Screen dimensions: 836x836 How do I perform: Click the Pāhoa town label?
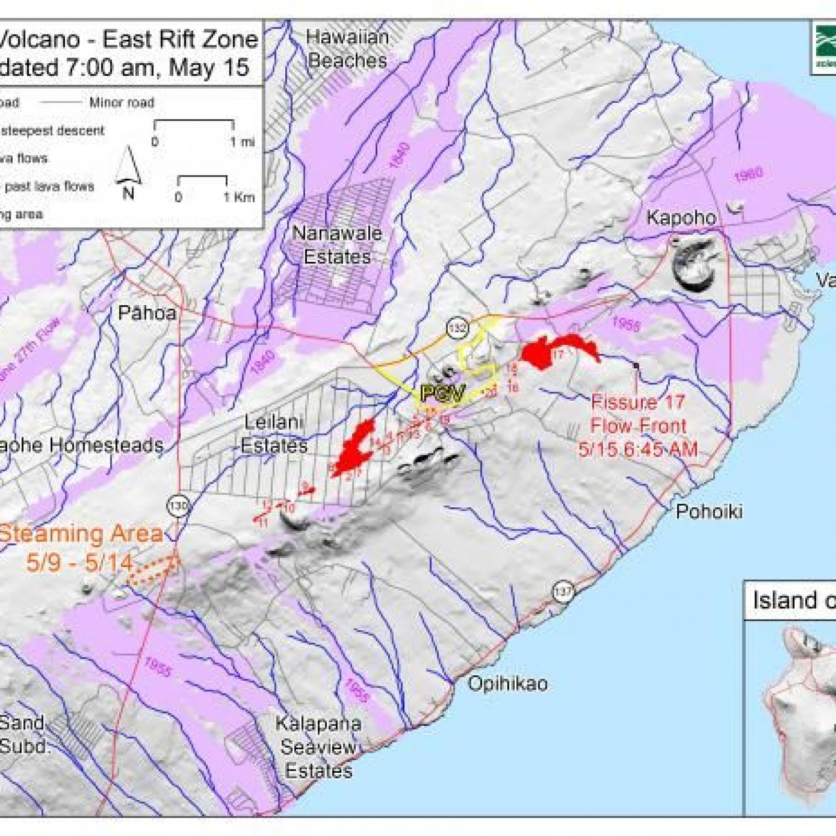click(x=147, y=313)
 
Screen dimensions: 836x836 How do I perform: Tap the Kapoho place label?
click(x=681, y=217)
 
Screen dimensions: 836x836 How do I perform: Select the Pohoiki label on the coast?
click(x=709, y=511)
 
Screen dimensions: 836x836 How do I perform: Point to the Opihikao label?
click(x=507, y=683)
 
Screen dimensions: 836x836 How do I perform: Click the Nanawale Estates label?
click(x=337, y=245)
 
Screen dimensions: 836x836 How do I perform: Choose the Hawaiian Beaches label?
click(x=347, y=49)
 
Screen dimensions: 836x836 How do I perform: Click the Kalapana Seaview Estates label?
click(x=319, y=747)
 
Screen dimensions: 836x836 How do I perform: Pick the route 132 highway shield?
click(x=458, y=328)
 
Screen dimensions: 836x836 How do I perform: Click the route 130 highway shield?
click(x=178, y=505)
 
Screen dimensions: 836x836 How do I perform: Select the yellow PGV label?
click(x=442, y=393)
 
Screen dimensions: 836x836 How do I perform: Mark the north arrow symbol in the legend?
click(x=129, y=172)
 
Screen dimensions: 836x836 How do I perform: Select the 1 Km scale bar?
click(x=202, y=181)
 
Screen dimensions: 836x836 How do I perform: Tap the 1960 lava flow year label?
click(x=748, y=174)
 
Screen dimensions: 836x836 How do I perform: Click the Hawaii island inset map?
click(x=794, y=705)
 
